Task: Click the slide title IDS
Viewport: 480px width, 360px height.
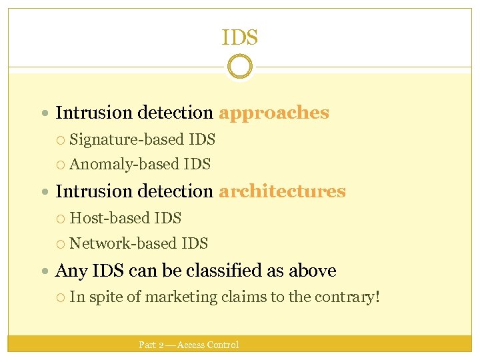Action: click(x=240, y=37)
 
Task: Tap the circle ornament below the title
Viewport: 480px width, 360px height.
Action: click(x=240, y=67)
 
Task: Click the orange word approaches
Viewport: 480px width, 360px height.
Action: click(x=274, y=113)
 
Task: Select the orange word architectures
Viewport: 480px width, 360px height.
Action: click(x=282, y=191)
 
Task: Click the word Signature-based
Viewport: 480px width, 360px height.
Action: click(x=127, y=139)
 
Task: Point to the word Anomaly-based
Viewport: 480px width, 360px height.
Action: click(x=125, y=164)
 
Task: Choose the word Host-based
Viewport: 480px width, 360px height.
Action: click(x=109, y=218)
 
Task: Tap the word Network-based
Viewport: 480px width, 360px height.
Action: click(x=123, y=244)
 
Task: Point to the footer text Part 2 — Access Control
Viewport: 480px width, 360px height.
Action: click(x=189, y=345)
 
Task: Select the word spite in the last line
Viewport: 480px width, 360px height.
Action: click(x=105, y=297)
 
